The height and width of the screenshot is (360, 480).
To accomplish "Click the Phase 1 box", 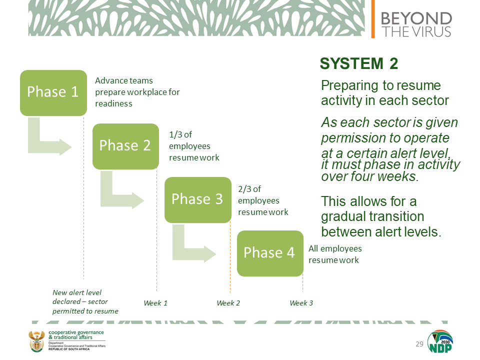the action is (x=53, y=93).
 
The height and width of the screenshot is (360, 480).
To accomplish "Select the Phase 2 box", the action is (x=126, y=146).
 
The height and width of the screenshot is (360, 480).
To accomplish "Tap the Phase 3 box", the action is (x=198, y=200).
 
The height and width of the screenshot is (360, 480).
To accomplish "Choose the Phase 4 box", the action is (x=270, y=253).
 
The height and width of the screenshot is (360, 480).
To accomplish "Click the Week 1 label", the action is (x=155, y=303).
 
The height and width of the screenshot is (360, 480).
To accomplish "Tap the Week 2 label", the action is (x=228, y=303).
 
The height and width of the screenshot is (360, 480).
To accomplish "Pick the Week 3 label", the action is (x=301, y=303).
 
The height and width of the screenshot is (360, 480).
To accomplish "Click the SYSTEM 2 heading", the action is (x=359, y=63).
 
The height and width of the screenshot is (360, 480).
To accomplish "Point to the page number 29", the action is (x=419, y=344).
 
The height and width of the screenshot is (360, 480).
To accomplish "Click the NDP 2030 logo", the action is (x=440, y=341).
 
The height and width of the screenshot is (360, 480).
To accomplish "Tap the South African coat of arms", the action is (x=36, y=341).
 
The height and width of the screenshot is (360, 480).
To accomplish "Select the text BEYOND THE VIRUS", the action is (x=416, y=24).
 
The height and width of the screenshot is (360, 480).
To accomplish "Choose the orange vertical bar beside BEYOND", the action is (x=373, y=19).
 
